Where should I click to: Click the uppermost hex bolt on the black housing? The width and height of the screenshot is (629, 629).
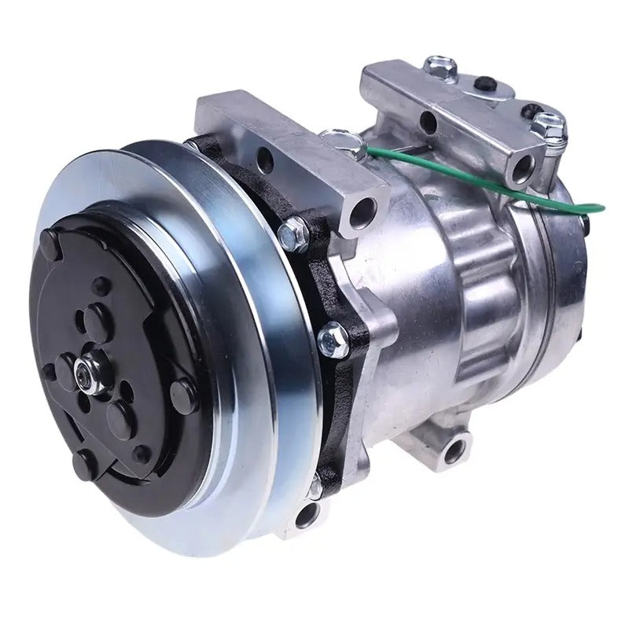tap(296, 232)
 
